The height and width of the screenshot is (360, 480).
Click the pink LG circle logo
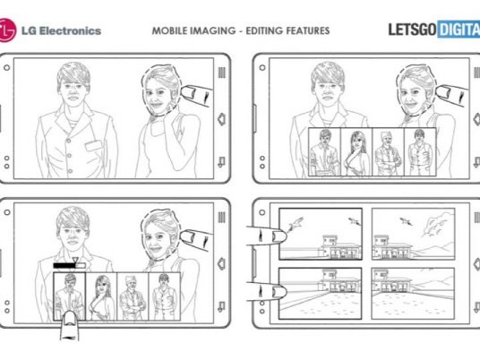(x=7, y=30)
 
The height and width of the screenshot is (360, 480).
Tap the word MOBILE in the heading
(x=169, y=30)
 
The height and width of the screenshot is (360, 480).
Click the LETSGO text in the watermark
(x=412, y=30)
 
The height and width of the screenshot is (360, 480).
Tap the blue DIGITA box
(x=459, y=30)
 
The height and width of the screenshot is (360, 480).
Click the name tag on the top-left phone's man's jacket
(x=94, y=145)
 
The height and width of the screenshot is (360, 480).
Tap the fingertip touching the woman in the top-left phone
(x=188, y=92)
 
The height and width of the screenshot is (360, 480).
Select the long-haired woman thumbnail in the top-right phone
(x=356, y=152)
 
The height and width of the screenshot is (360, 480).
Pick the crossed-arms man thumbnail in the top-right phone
(x=388, y=152)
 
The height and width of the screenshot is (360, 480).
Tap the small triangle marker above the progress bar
(x=75, y=260)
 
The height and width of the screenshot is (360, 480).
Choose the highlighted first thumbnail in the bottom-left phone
(x=70, y=296)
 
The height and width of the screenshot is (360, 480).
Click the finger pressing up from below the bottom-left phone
(x=70, y=325)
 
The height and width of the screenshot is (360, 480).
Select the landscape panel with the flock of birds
(x=413, y=234)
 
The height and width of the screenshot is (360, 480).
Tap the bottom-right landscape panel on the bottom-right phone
(x=413, y=293)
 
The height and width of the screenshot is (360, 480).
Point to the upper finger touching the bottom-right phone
(x=266, y=236)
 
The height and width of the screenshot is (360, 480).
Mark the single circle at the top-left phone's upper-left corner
(x=7, y=68)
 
